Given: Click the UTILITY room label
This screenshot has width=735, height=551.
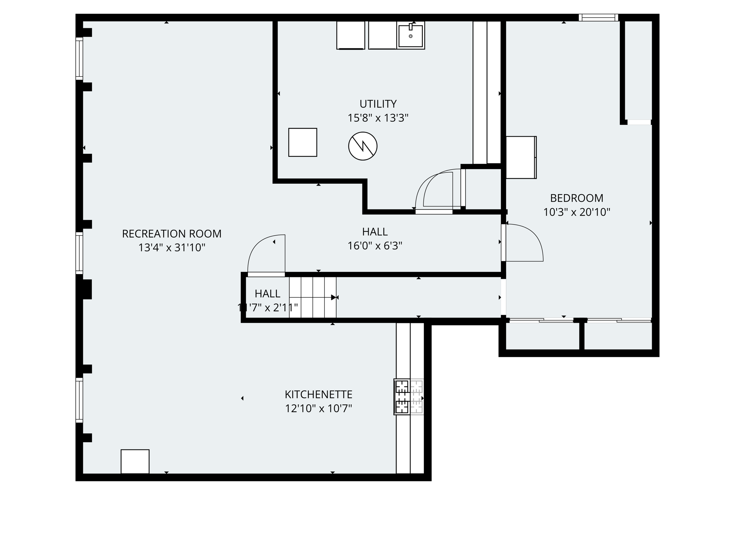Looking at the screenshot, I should [378, 104].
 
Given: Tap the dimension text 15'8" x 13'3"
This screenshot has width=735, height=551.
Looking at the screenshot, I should [378, 118].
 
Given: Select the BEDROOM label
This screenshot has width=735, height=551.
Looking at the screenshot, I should [576, 198].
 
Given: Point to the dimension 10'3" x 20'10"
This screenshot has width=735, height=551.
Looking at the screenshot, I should [576, 212].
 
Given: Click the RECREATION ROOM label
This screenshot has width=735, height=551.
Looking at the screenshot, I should [172, 234].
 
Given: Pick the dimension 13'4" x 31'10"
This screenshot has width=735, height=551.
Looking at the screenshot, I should [172, 248].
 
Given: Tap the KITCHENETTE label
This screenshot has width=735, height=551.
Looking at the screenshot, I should [318, 395].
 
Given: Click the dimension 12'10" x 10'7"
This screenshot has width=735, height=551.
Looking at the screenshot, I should [318, 409].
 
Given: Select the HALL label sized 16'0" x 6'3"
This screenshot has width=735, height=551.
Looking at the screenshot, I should [375, 232].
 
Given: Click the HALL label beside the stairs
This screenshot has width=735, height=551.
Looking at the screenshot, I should [267, 294].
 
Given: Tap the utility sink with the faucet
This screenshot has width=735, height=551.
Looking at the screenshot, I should [411, 35].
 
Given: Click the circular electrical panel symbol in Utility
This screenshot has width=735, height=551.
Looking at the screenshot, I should [362, 146].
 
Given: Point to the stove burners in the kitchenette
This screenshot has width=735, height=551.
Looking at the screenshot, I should [402, 397].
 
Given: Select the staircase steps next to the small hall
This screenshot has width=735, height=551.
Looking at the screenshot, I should [313, 297].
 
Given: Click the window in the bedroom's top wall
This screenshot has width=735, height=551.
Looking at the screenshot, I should [598, 18].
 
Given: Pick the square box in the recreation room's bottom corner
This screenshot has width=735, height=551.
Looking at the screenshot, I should [135, 461].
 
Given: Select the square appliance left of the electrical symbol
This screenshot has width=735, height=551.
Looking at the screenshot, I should [303, 142].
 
